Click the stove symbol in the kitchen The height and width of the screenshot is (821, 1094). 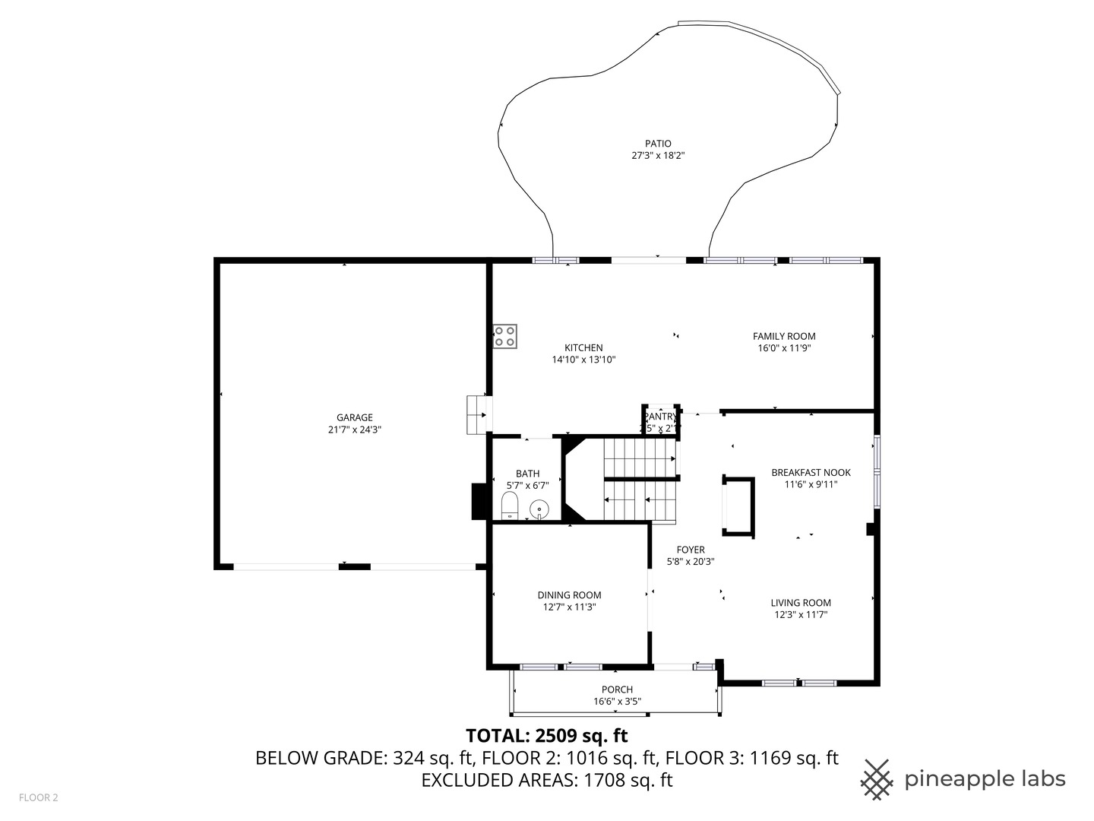click(505, 336)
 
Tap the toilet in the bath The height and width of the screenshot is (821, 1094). click(510, 505)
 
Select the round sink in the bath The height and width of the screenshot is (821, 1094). click(539, 507)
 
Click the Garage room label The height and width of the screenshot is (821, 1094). click(355, 417)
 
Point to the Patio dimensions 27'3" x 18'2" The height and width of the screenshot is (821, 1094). click(658, 155)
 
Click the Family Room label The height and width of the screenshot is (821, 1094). click(784, 336)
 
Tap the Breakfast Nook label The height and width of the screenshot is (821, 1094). click(811, 472)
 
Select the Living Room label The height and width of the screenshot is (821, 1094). click(801, 603)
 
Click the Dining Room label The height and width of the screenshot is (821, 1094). click(569, 595)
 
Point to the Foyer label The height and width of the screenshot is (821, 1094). click(691, 550)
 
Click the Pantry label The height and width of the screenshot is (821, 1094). click(659, 417)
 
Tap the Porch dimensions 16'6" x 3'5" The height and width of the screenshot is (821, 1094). click(617, 702)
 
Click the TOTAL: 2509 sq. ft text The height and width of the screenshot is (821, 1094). click(546, 736)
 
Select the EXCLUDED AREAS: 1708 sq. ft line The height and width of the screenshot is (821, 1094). click(546, 780)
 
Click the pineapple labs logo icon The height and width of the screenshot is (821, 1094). click(877, 779)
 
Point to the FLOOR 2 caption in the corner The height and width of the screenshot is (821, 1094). click(39, 797)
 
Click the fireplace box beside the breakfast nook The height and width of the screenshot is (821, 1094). click(738, 506)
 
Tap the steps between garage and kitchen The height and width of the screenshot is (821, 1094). click(478, 414)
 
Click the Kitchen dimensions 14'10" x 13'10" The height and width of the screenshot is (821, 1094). click(583, 360)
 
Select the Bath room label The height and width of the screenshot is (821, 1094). click(527, 474)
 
